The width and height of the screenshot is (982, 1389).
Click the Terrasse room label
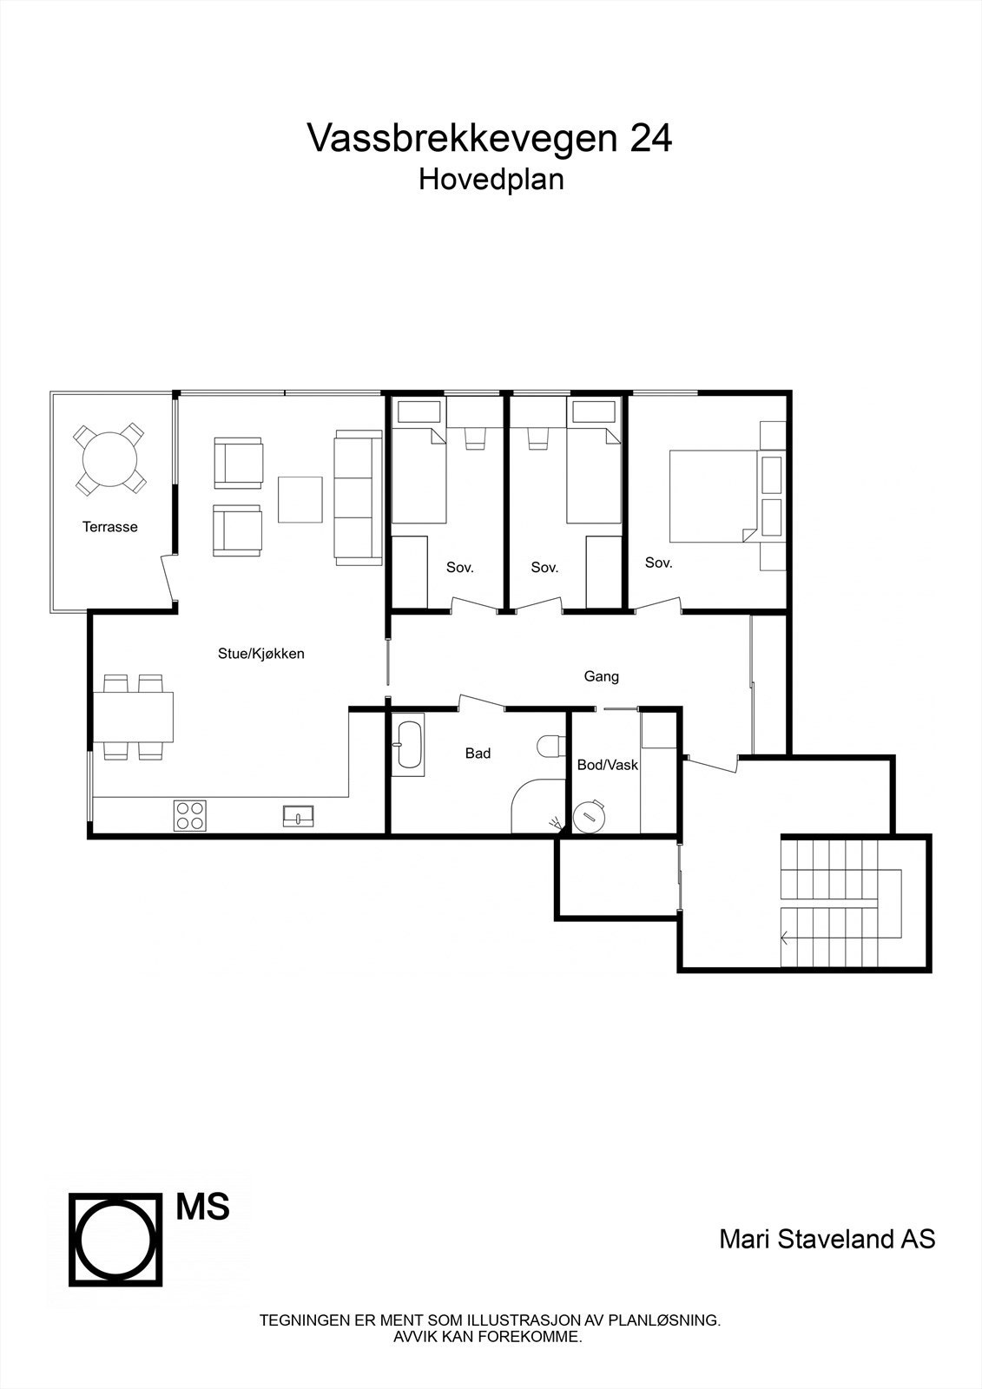pyautogui.click(x=109, y=527)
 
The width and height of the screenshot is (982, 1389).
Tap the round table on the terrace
pyautogui.click(x=109, y=458)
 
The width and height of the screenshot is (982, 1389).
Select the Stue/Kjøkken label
pyautogui.click(x=260, y=654)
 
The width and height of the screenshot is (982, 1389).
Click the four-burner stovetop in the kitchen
pyautogui.click(x=190, y=815)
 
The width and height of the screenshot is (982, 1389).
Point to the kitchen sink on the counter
pyautogui.click(x=298, y=815)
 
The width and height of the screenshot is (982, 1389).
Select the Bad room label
pyautogui.click(x=478, y=754)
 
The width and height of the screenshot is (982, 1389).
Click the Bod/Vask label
pyautogui.click(x=608, y=765)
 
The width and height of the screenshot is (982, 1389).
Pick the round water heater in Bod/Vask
pyautogui.click(x=591, y=816)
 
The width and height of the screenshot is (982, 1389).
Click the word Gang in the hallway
pyautogui.click(x=601, y=676)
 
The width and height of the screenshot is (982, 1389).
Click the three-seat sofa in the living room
pyautogui.click(x=358, y=497)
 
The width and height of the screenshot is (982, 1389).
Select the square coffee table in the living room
pyautogui.click(x=300, y=499)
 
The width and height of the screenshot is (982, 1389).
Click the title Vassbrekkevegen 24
pyautogui.click(x=490, y=138)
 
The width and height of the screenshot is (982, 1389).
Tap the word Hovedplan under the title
pyautogui.click(x=491, y=180)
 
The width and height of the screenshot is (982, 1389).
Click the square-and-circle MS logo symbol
pyautogui.click(x=116, y=1239)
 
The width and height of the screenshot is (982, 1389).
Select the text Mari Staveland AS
pyautogui.click(x=827, y=1239)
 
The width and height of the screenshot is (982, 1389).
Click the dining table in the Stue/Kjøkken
pyautogui.click(x=137, y=716)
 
